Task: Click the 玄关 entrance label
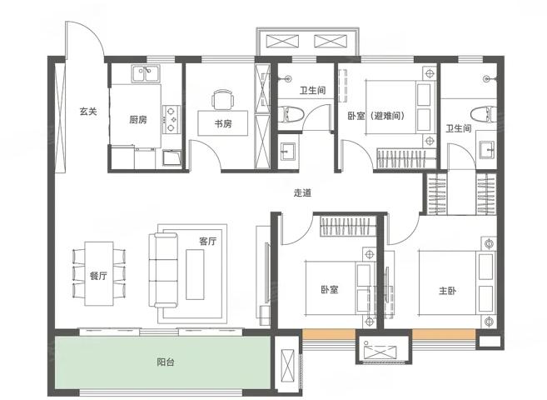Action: (x=88, y=112)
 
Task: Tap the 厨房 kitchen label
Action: (x=138, y=120)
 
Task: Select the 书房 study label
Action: (x=223, y=123)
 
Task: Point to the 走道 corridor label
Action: (x=302, y=192)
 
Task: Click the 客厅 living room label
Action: (x=208, y=241)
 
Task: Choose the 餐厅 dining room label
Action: (x=98, y=276)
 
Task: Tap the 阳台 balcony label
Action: (x=166, y=362)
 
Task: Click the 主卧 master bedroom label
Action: (x=448, y=291)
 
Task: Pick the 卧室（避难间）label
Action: (x=376, y=116)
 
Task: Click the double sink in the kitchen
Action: (x=146, y=73)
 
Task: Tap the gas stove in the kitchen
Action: (x=171, y=119)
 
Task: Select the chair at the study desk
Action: (x=222, y=100)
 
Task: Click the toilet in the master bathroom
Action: (x=483, y=114)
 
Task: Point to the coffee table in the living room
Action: (x=195, y=274)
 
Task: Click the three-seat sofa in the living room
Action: (x=163, y=270)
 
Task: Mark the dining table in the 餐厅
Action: (x=99, y=273)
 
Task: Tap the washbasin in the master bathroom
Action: (x=488, y=149)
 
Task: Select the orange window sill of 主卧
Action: (x=444, y=334)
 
